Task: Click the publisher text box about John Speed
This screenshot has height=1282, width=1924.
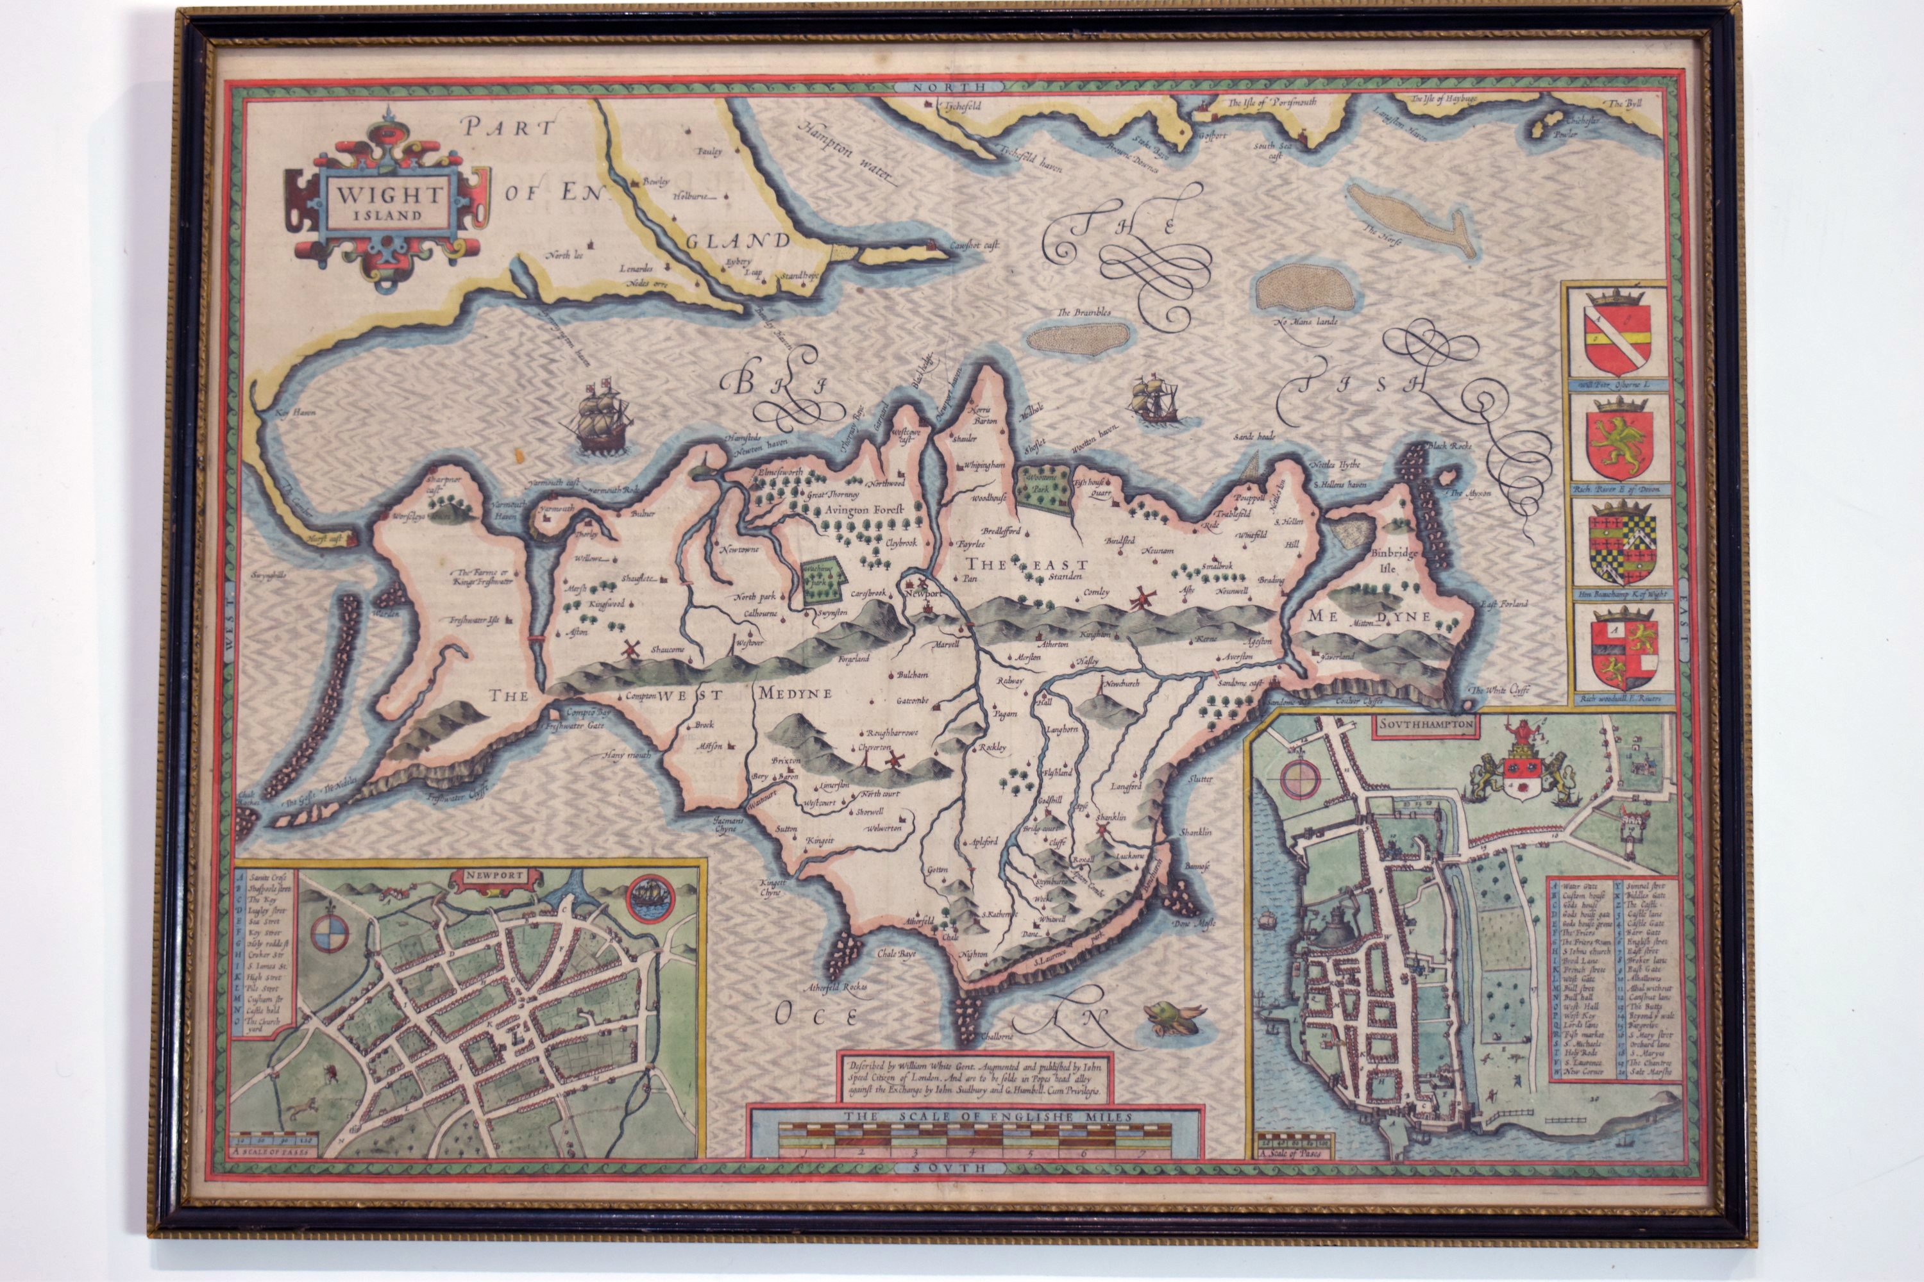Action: [974, 1078]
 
